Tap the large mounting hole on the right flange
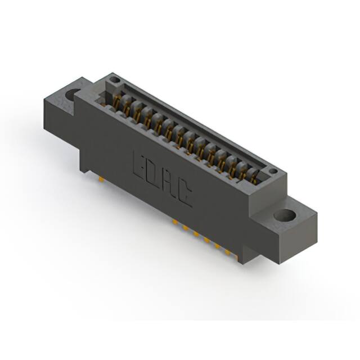click(x=285, y=215)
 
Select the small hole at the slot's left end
click(x=115, y=80)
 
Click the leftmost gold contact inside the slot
click(x=117, y=101)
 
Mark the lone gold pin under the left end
click(x=100, y=179)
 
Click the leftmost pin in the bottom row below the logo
click(x=174, y=223)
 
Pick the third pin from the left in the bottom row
click(x=195, y=234)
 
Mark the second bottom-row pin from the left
click(x=184, y=228)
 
